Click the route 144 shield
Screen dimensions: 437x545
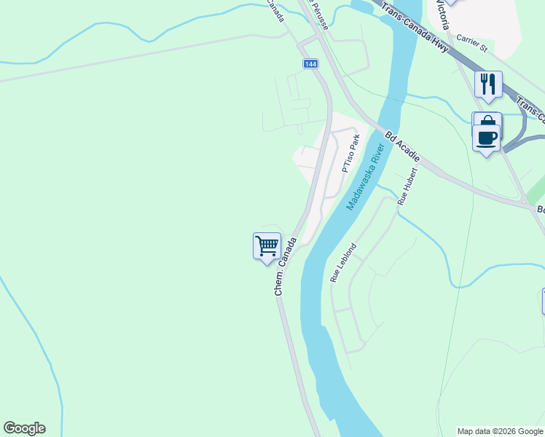(311, 64)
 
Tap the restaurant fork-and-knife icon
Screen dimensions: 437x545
(488, 84)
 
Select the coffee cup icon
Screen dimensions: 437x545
(487, 137)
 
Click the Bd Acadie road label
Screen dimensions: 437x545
(403, 146)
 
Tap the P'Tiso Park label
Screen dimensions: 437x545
(351, 153)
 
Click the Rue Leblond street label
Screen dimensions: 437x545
(344, 262)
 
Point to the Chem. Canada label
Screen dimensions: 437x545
(286, 265)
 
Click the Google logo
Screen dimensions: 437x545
(24, 428)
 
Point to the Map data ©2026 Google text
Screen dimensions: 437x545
(501, 431)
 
